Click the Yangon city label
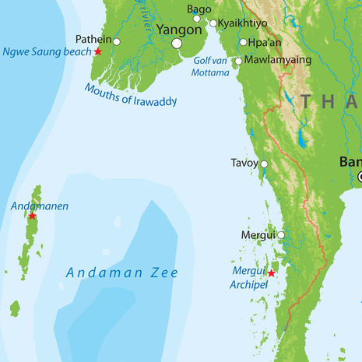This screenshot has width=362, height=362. click(x=179, y=29)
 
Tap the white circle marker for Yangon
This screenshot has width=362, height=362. click(x=177, y=44)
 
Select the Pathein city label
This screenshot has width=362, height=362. click(x=93, y=39)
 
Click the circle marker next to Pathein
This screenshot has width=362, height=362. click(x=117, y=41)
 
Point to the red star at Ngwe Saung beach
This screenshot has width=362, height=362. click(x=98, y=51)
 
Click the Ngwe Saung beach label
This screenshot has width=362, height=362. click(x=47, y=52)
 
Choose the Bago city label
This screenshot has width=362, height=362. click(x=199, y=9)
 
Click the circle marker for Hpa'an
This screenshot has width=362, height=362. click(x=243, y=43)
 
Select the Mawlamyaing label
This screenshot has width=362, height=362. click(x=278, y=59)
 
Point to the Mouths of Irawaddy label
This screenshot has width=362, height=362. click(x=130, y=94)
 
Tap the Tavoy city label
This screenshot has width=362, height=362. click(x=244, y=163)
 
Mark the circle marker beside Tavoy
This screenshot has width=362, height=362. click(x=264, y=164)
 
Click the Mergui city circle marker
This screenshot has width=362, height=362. click(x=280, y=234)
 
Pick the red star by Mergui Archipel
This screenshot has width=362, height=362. click(x=271, y=273)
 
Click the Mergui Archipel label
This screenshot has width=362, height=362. click(x=250, y=277)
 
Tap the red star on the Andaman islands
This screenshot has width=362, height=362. click(x=32, y=216)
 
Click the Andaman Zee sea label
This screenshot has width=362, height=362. click(x=121, y=272)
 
